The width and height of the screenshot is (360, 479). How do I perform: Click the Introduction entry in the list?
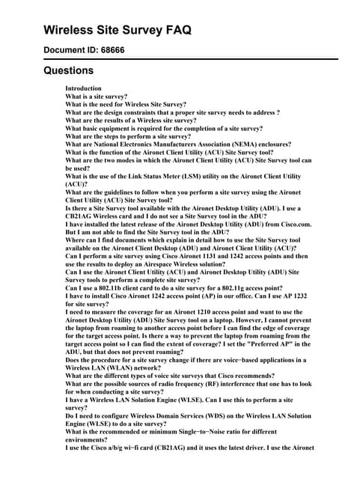pos(84,88)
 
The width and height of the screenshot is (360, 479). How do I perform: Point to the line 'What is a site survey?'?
pos(97,97)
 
